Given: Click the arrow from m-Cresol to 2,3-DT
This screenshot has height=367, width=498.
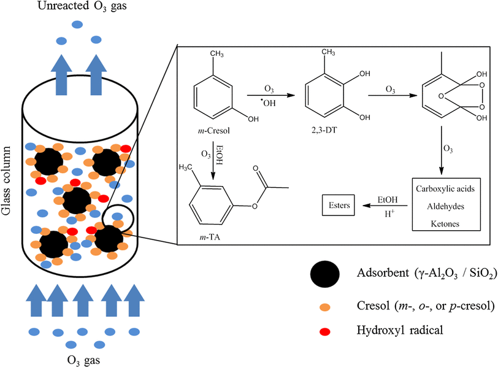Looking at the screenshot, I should click(269, 96).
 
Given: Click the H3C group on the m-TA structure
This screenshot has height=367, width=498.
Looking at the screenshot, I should click(188, 168).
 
